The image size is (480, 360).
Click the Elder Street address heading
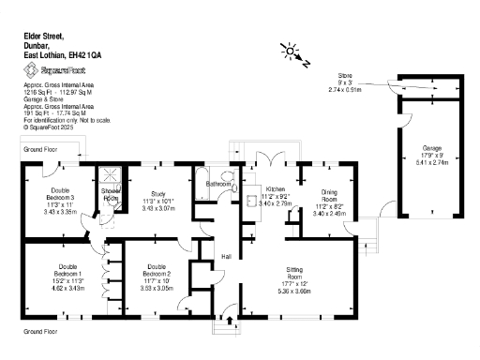(x=47, y=35)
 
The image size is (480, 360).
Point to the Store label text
(x=346, y=74)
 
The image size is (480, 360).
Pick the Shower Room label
(x=111, y=195)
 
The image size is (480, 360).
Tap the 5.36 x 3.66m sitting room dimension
(x=296, y=291)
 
